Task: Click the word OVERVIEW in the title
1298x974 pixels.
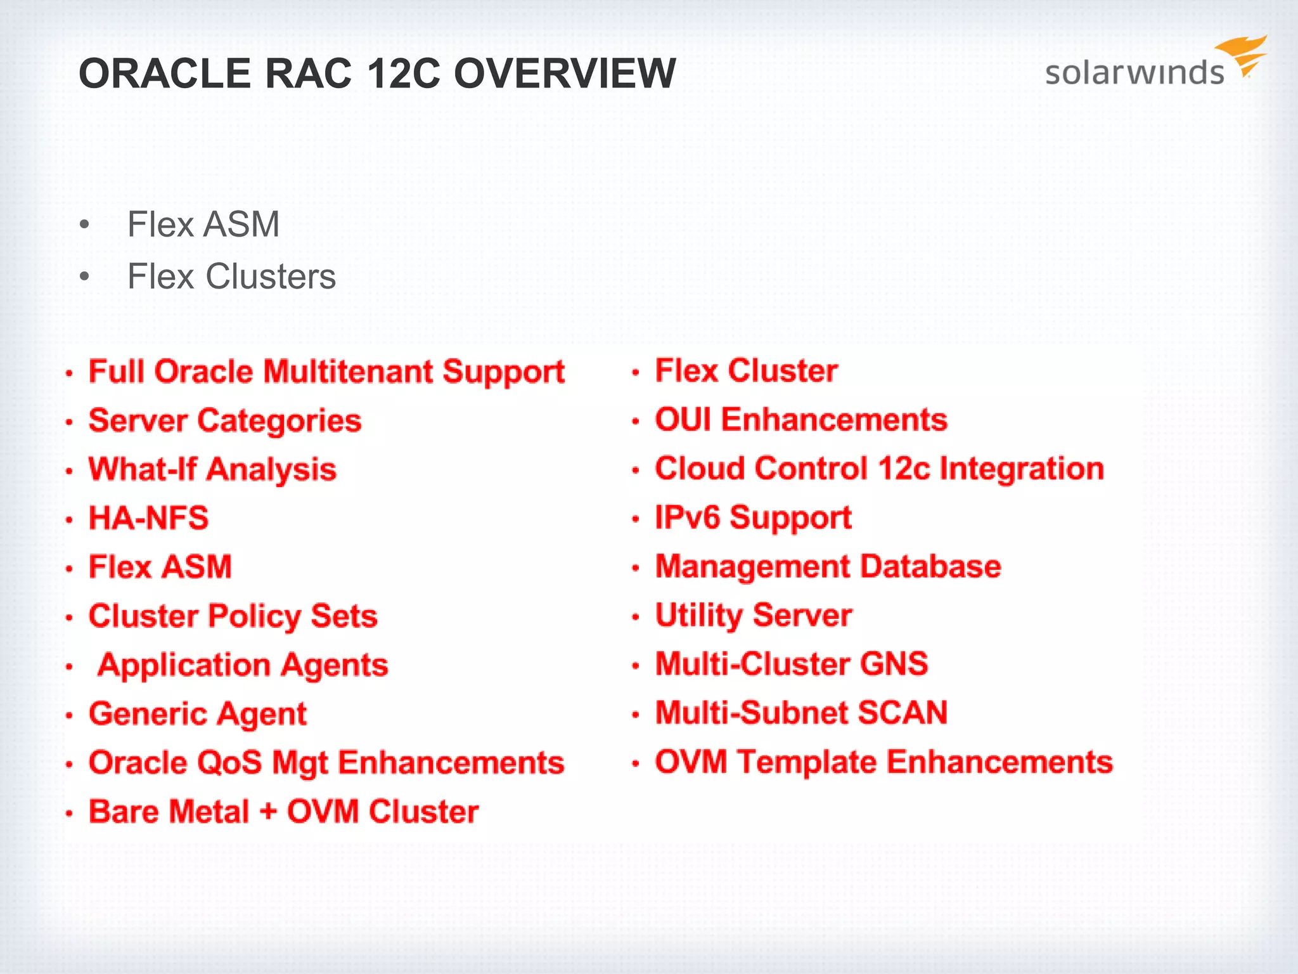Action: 565,74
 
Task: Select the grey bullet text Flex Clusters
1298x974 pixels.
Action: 231,276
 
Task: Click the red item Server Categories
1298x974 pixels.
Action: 225,420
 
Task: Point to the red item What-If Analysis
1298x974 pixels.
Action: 212,470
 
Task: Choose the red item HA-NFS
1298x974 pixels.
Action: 148,518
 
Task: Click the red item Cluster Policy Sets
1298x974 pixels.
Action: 233,616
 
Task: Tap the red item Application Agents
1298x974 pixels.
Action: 243,665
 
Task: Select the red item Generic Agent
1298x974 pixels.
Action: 198,714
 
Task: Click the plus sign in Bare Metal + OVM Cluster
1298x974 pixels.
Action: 268,811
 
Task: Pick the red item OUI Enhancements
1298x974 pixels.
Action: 801,420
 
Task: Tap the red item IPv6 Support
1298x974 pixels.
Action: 753,518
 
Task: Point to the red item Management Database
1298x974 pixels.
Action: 828,566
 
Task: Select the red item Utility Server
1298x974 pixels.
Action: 754,615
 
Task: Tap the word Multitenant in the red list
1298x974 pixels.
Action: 348,372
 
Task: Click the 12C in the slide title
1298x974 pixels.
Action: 403,74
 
